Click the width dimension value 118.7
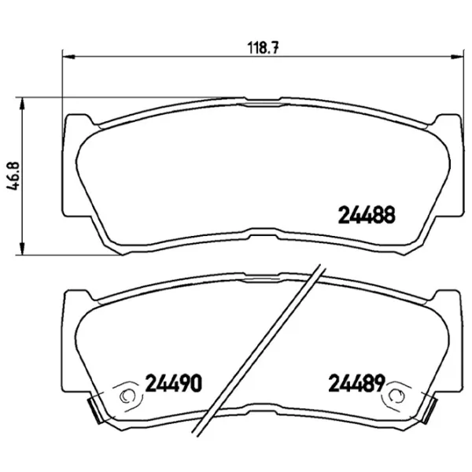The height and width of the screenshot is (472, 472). tap(260, 46)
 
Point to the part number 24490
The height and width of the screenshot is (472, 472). tap(175, 385)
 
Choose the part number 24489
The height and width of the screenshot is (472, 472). tap(354, 385)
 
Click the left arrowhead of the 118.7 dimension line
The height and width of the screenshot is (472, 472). tap(68, 57)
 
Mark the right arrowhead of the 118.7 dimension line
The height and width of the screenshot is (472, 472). tap(458, 57)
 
